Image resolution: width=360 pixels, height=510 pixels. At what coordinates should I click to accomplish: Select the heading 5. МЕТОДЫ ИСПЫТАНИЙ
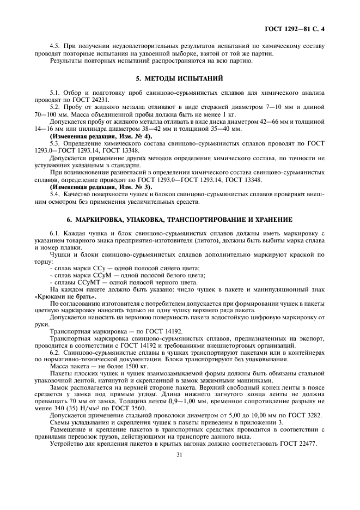[179, 78]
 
